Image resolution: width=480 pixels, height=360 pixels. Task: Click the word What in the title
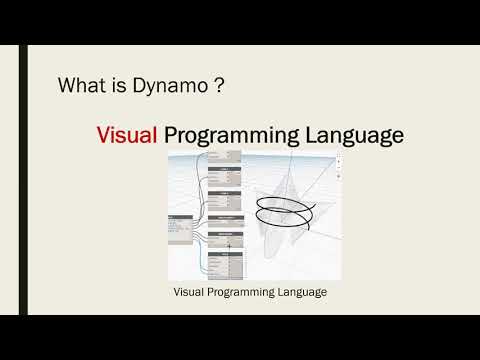click(80, 86)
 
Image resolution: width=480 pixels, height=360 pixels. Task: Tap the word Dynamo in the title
click(162, 86)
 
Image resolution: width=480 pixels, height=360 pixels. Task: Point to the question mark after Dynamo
click(217, 86)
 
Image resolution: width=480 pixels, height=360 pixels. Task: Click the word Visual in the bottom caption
click(191, 293)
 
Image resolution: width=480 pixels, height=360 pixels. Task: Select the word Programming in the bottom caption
click(248, 293)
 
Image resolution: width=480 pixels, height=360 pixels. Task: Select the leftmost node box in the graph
click(181, 228)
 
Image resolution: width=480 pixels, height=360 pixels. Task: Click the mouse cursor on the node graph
click(230, 245)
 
